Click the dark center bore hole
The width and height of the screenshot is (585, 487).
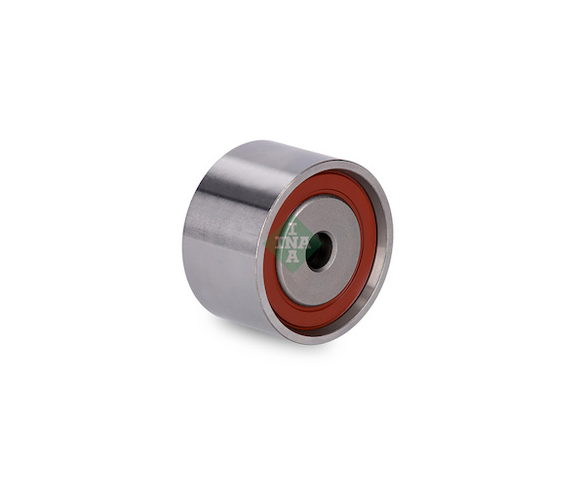(320, 250)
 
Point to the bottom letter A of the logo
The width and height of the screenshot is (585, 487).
(292, 256)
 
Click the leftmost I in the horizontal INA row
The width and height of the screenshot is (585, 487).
(280, 243)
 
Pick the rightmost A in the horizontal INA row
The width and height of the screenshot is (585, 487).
(305, 243)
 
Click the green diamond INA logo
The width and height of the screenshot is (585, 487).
(292, 244)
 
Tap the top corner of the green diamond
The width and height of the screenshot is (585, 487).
(292, 216)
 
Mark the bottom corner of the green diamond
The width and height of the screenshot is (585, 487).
(292, 273)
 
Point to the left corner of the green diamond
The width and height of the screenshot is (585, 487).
(264, 244)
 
